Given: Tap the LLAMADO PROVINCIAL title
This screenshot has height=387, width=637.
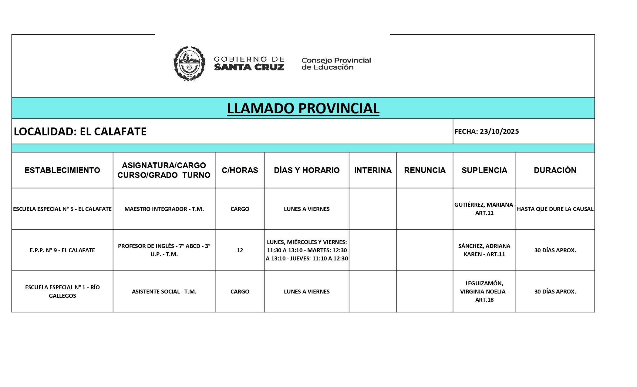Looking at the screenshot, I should [303, 108].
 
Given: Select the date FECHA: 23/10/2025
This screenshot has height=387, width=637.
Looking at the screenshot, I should [487, 131].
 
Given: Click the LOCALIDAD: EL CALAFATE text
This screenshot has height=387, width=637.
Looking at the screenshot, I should [80, 131].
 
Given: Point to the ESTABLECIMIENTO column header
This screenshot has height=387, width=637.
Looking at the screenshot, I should [62, 170].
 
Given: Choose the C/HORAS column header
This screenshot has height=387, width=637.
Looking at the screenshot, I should [240, 170].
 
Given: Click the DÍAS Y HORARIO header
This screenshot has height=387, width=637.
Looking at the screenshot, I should [307, 170].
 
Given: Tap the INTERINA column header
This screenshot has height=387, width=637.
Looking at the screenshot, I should [373, 170].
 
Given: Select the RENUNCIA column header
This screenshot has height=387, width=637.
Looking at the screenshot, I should [425, 170].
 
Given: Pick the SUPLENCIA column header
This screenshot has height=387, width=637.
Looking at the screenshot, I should [484, 170].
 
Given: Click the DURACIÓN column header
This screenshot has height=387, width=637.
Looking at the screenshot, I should [555, 170].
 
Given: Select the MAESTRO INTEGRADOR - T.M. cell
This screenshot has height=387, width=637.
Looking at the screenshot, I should [164, 209].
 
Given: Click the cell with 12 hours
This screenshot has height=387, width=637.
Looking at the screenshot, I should [240, 250].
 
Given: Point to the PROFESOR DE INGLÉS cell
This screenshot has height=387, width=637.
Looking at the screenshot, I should [164, 250].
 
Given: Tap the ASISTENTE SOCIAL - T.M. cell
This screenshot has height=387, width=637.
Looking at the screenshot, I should [164, 291].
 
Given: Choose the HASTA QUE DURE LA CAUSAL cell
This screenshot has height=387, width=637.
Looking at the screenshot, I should [555, 209].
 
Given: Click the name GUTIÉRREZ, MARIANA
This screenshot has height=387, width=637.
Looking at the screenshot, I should [484, 205].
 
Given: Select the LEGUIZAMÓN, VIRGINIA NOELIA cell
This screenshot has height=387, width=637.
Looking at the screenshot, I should [484, 291].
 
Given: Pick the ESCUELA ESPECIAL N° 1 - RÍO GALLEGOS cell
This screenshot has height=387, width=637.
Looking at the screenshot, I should [62, 291].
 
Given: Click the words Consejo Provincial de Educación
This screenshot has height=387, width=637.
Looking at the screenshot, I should [336, 64].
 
